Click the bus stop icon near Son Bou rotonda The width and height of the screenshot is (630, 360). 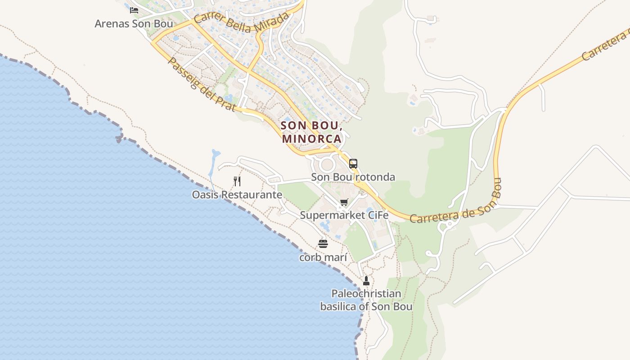353,164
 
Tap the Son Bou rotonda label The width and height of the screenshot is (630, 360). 354,177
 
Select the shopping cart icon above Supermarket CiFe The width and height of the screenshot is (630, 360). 344,202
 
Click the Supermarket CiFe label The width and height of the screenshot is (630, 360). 344,215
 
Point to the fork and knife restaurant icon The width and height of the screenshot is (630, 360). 237,181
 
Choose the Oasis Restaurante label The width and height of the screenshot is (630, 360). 237,195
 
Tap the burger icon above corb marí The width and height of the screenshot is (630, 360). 323,244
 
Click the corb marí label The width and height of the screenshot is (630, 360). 323,257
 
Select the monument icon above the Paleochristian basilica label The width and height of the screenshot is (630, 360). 366,281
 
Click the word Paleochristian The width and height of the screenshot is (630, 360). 366,294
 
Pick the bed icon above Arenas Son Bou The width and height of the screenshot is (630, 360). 134,10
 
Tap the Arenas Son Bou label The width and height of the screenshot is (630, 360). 134,23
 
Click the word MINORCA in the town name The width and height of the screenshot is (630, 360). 312,139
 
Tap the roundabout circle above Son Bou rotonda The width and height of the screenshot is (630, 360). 327,164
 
